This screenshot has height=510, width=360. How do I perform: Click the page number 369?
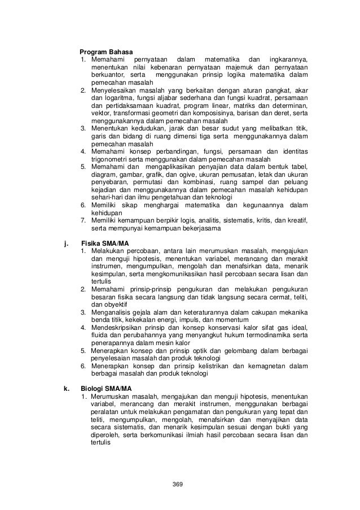tap(179, 485)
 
